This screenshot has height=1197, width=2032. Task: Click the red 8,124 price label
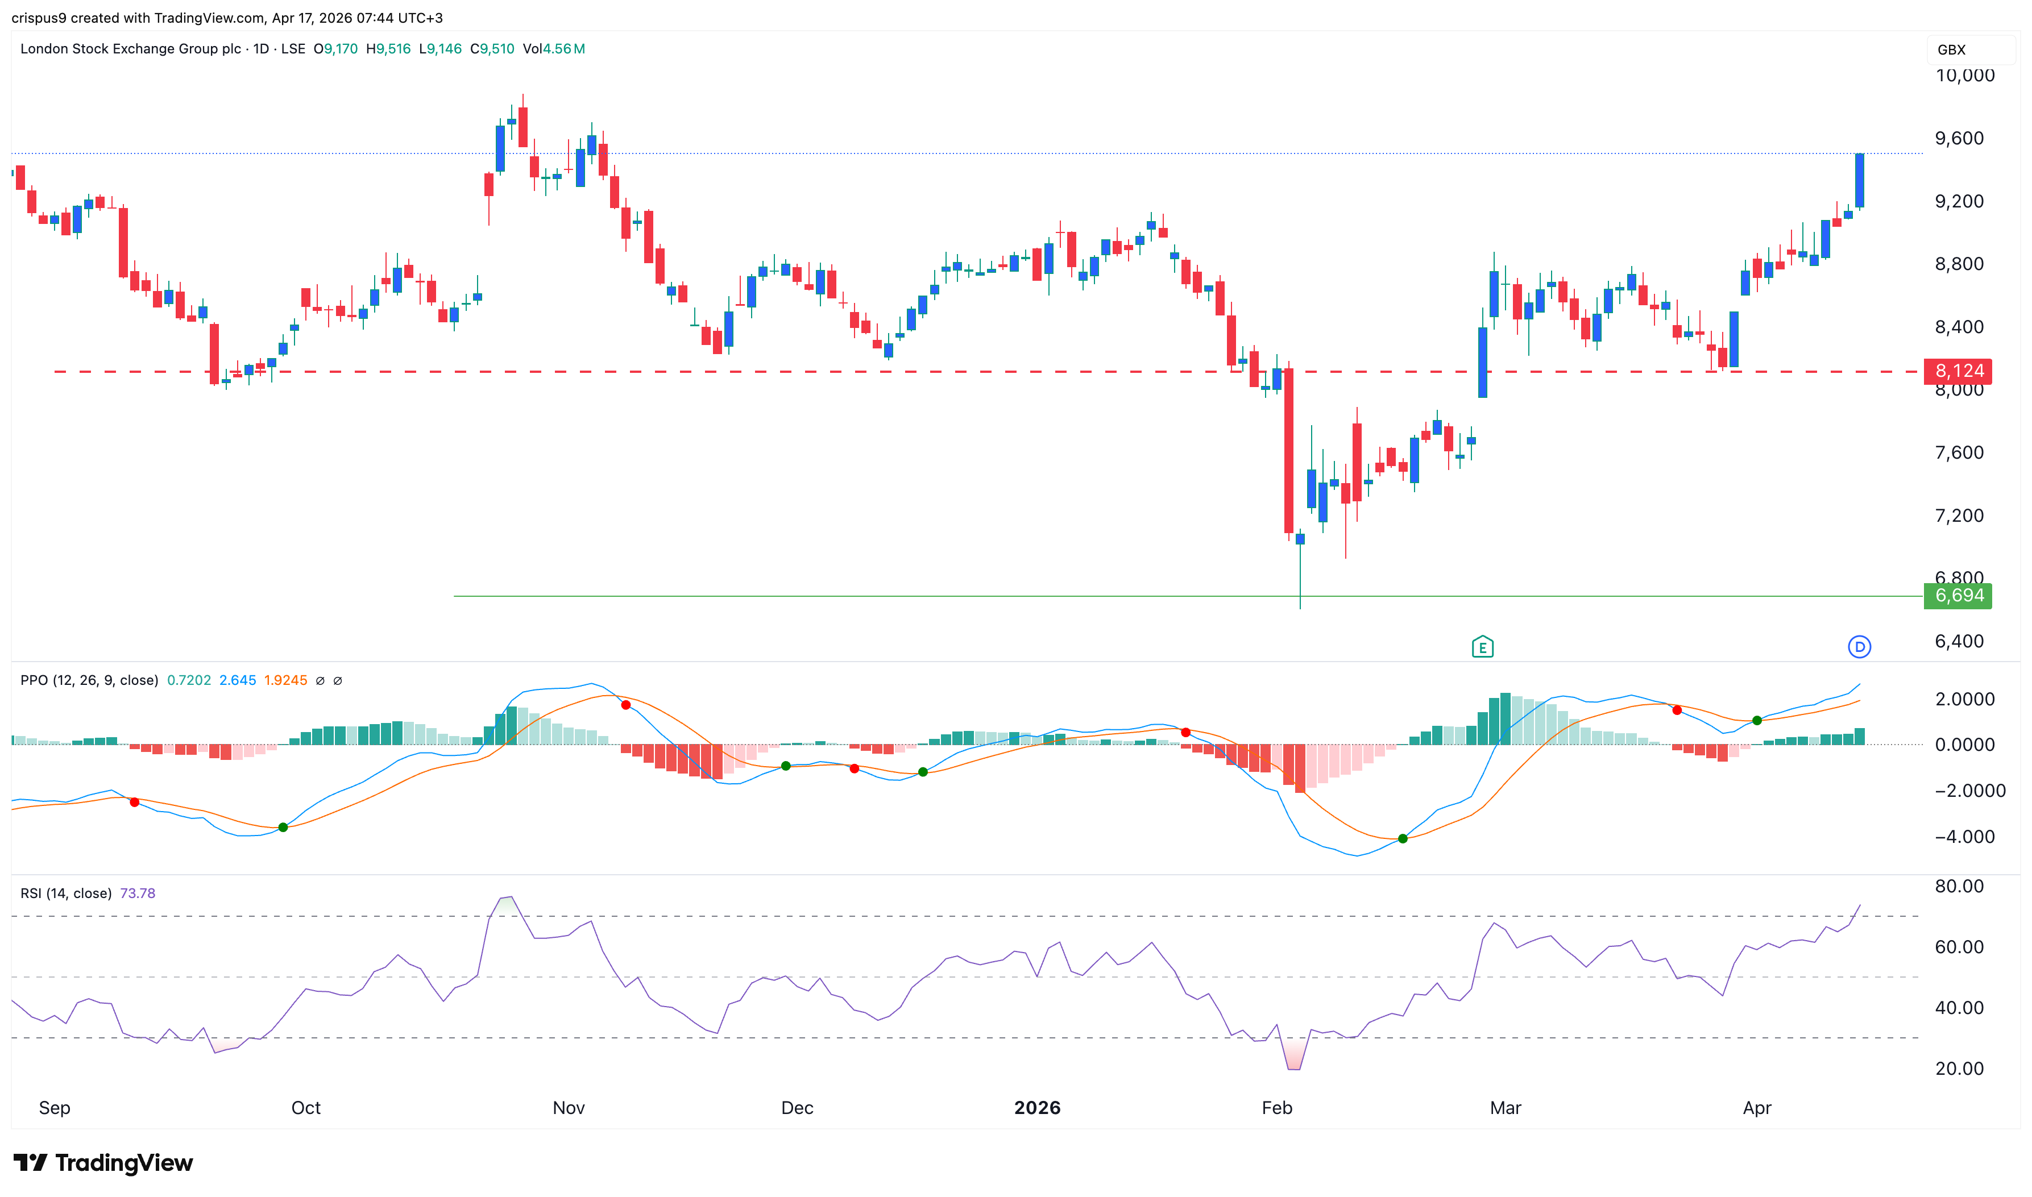point(1957,371)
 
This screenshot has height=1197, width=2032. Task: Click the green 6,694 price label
point(1957,596)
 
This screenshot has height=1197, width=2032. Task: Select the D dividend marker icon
point(1859,647)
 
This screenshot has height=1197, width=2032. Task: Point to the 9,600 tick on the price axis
point(1959,139)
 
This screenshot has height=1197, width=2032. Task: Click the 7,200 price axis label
point(1959,516)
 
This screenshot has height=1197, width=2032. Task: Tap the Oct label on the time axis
point(306,1107)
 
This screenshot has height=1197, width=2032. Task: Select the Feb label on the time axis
point(1276,1107)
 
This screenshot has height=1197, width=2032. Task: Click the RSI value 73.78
point(137,893)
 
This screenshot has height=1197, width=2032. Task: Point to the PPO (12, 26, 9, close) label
point(89,680)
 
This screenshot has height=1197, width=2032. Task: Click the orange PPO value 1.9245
point(285,680)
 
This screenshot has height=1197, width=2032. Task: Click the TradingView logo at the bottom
point(103,1162)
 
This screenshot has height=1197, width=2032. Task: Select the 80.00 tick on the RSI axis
point(1959,887)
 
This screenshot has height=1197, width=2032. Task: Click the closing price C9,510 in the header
point(492,48)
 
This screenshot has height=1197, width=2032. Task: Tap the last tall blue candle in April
point(1859,181)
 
